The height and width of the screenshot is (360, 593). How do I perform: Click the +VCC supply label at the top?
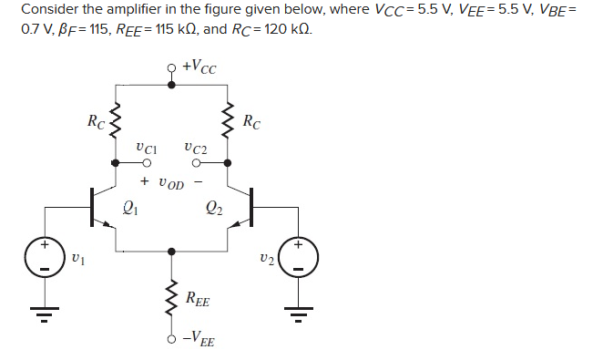(x=199, y=67)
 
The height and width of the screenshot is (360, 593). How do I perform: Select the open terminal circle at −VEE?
(x=171, y=339)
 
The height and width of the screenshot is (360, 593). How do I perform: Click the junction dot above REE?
(x=171, y=250)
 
